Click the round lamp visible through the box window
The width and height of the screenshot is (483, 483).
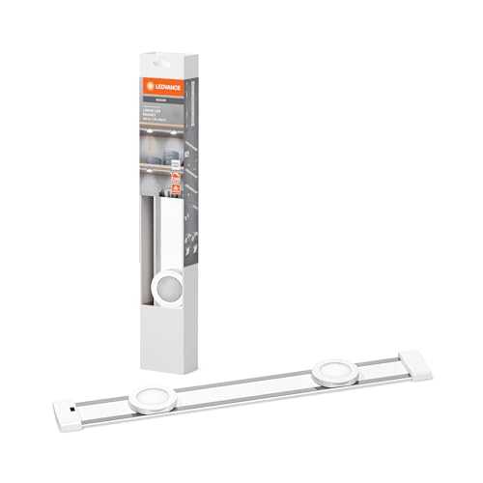tap(171, 285)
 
